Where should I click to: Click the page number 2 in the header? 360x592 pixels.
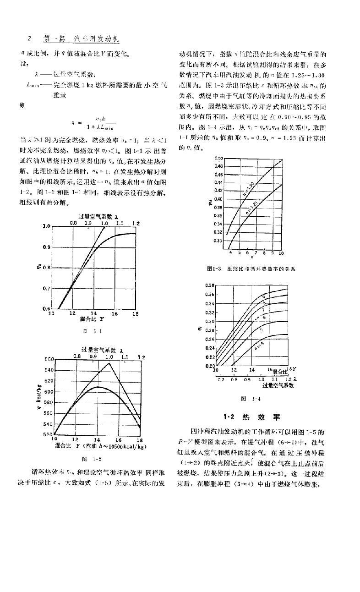point(29,39)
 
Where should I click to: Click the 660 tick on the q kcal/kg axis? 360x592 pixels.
point(49,360)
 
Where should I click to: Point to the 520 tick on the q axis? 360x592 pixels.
point(49,434)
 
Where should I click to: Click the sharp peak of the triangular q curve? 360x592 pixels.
point(109,363)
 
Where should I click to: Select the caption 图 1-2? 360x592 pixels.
point(95,458)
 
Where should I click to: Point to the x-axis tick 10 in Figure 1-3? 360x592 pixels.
point(281,252)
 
